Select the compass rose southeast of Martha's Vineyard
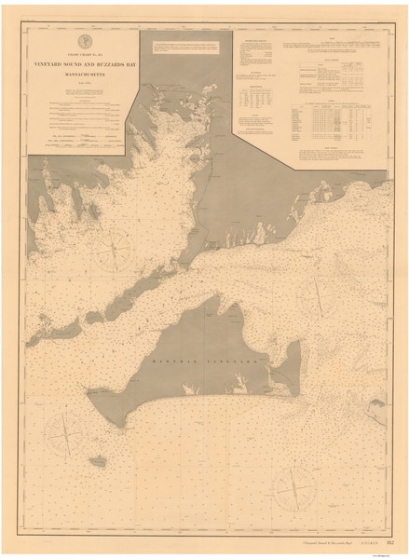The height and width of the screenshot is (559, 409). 293,484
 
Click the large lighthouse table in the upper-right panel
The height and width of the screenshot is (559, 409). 324,125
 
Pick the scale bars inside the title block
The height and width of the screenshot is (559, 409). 81,139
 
